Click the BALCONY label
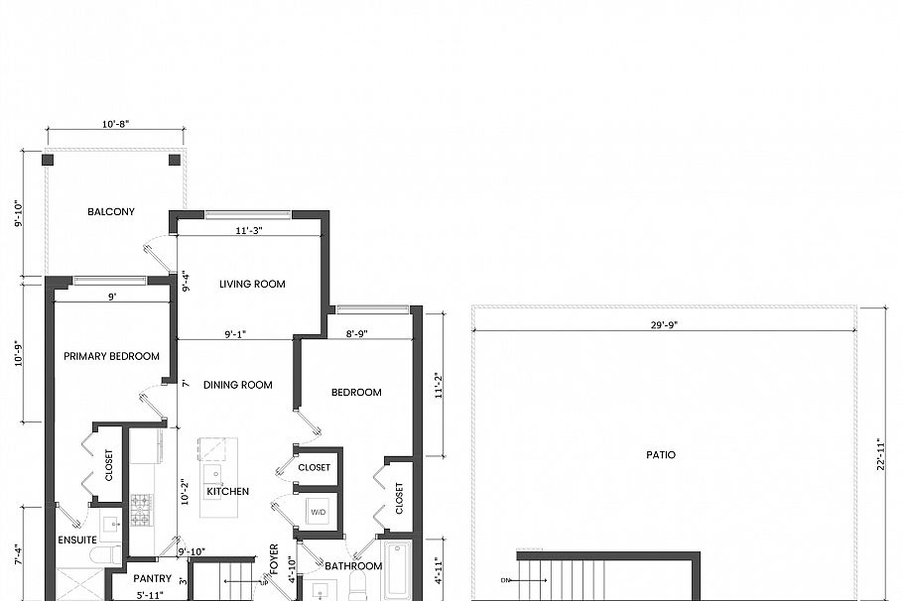tap(111, 211)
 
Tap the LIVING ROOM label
tap(252, 284)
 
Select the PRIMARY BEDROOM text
tap(112, 356)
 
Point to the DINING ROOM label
tap(238, 385)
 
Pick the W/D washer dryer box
tap(318, 513)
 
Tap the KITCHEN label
tap(227, 491)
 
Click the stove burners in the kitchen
tap(140, 510)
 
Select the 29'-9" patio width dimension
tap(664, 324)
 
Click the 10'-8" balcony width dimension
tap(116, 124)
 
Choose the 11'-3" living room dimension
tap(248, 230)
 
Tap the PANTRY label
tap(153, 578)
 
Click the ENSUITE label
tap(77, 540)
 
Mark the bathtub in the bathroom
tap(398, 569)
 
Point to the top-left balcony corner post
tap(48, 159)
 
